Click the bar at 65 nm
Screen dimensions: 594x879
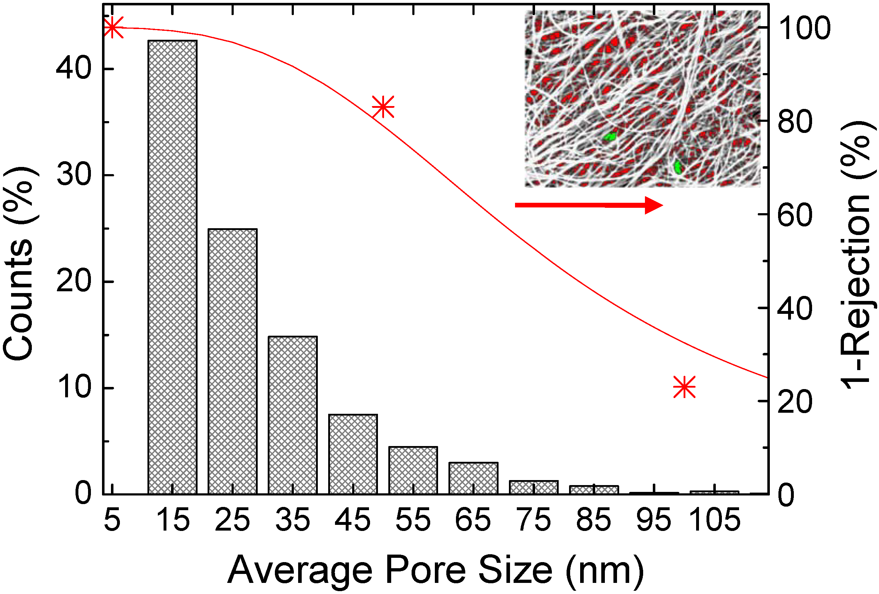click(473, 478)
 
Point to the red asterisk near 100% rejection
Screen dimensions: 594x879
click(113, 27)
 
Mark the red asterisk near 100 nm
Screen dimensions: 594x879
click(684, 387)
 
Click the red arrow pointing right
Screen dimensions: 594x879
click(588, 205)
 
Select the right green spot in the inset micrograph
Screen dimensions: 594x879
click(678, 167)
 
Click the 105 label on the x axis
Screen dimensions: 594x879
click(714, 520)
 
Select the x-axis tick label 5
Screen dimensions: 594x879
click(112, 520)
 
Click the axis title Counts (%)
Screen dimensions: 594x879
click(20, 263)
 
